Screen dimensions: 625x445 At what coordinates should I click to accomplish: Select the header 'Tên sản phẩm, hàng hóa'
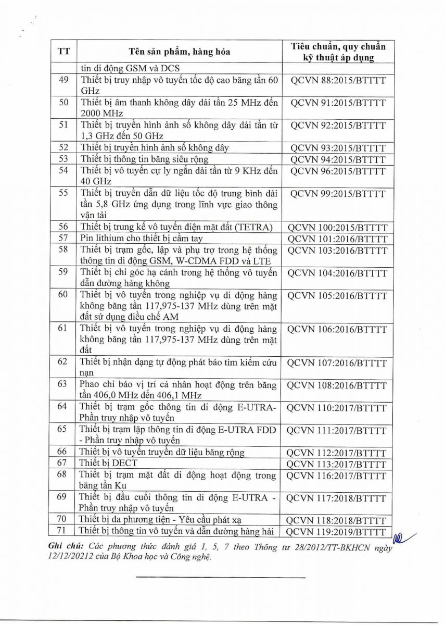pos(179,52)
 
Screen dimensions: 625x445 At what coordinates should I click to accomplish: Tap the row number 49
pos(63,80)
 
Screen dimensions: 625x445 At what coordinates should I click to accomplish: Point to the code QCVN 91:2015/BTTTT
pos(338,103)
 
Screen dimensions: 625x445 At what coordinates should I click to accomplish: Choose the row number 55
pos(63,193)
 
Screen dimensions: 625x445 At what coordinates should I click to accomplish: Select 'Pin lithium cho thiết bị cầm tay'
pos(141,239)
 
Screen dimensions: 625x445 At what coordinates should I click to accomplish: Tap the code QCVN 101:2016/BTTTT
pos(338,239)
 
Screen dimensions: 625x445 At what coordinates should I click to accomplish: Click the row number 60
pos(63,295)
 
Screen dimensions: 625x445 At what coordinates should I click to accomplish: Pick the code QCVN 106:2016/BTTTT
pos(338,329)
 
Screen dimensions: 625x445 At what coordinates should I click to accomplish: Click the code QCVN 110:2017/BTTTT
pos(338,408)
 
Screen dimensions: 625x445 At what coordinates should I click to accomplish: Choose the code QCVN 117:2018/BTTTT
pos(338,498)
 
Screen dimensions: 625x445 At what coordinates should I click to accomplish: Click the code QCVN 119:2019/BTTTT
pos(338,532)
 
